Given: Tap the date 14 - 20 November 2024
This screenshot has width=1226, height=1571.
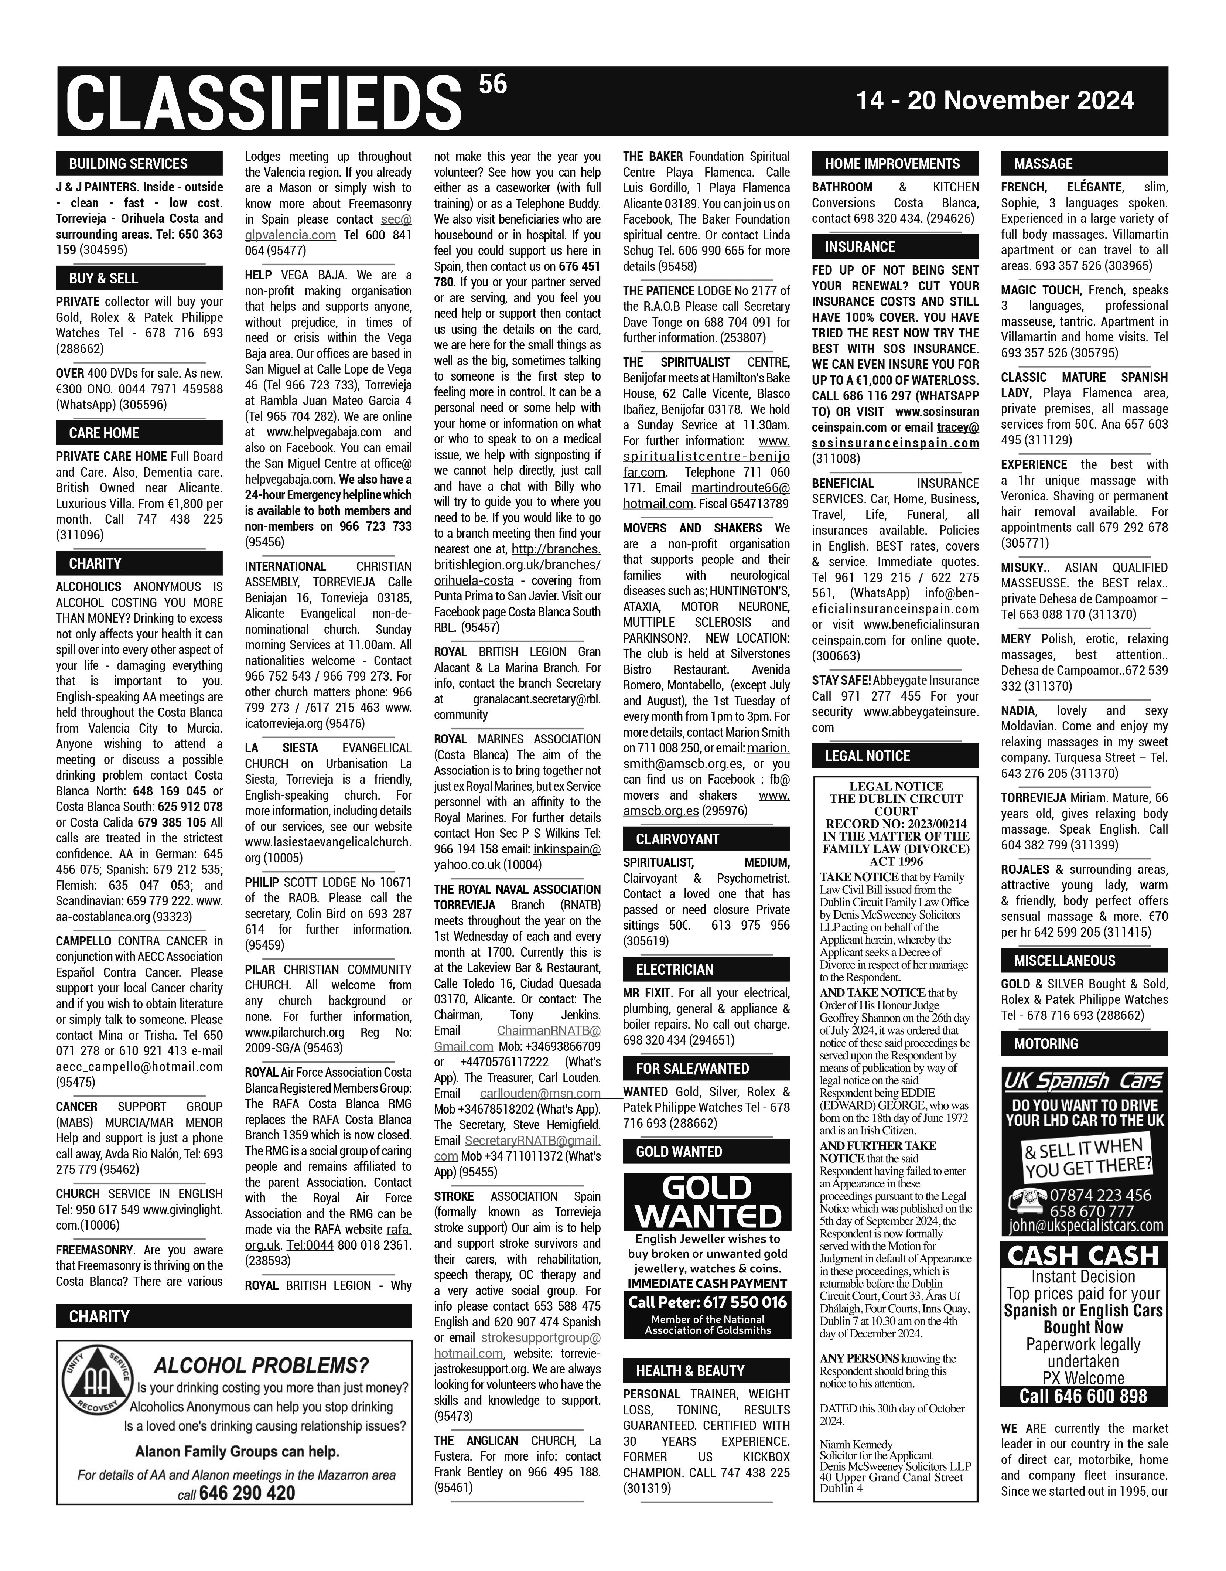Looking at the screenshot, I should pyautogui.click(x=994, y=100).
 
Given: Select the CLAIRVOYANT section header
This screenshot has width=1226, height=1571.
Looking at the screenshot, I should pyautogui.click(x=677, y=839).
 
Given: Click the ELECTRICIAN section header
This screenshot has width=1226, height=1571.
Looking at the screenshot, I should pyautogui.click(x=675, y=969).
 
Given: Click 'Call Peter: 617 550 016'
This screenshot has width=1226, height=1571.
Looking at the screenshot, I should pyautogui.click(x=707, y=1301).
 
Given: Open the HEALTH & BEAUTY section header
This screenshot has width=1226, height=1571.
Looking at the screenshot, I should pyautogui.click(x=690, y=1370).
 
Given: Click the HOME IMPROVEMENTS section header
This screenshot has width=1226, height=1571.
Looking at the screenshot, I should pyautogui.click(x=892, y=163).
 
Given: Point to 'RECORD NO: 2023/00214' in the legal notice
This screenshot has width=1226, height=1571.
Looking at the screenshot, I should pyautogui.click(x=895, y=824).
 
